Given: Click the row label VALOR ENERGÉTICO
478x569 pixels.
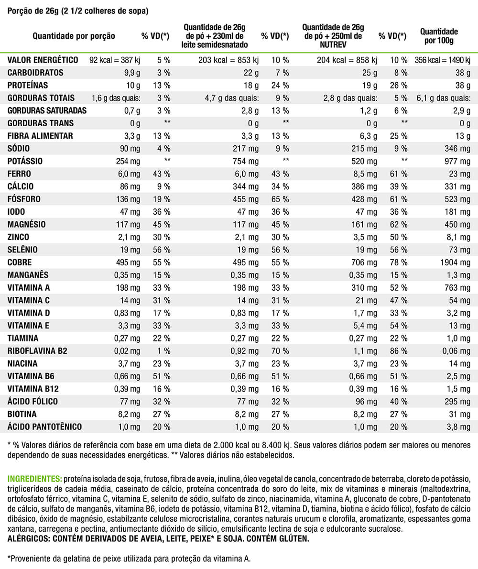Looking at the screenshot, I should (x=43, y=60).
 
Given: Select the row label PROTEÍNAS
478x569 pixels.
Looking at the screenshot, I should (x=28, y=86).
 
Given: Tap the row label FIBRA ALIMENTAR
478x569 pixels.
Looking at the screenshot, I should (x=40, y=136).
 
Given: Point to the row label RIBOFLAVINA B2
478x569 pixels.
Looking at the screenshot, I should (x=37, y=351).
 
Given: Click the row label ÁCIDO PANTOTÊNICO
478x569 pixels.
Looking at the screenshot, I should (x=44, y=427).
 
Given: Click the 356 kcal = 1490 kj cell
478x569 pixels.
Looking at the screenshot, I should (x=443, y=60).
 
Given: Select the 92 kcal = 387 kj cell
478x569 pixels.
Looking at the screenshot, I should (x=115, y=60).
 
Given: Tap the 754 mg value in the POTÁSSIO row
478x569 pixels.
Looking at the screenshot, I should (x=248, y=161).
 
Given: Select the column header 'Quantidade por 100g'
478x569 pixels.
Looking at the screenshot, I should (x=439, y=36).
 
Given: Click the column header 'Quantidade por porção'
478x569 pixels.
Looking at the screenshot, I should (x=74, y=36).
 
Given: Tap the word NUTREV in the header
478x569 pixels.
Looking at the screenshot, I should (x=333, y=44).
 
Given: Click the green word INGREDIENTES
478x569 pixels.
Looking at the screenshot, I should (x=34, y=479).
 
